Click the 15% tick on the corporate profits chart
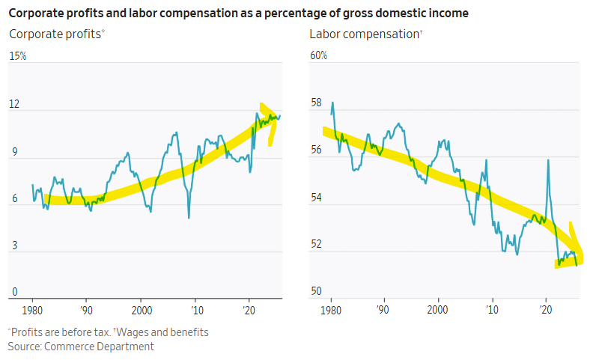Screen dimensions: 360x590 17,56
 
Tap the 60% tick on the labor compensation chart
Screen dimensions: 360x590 318,56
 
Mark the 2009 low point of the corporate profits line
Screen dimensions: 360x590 189,218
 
